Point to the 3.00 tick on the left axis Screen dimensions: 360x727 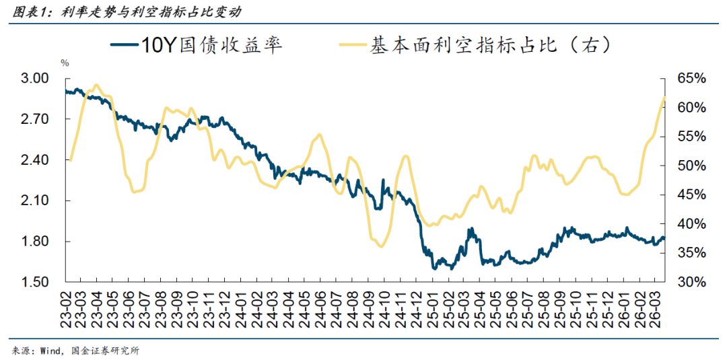click(35, 79)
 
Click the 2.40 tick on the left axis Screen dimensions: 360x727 click(35, 160)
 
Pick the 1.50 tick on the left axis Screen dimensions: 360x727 click(35, 282)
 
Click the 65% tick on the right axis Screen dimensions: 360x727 click(691, 79)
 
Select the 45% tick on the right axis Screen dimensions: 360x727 click(691, 195)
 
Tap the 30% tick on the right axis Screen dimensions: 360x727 click(691, 282)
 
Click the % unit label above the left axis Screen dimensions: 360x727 click(65, 63)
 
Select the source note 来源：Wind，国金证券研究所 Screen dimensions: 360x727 click(75, 351)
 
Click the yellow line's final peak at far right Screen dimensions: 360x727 click(664, 98)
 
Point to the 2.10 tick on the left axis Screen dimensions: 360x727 click(35, 201)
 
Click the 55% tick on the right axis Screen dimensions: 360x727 click(691, 137)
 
